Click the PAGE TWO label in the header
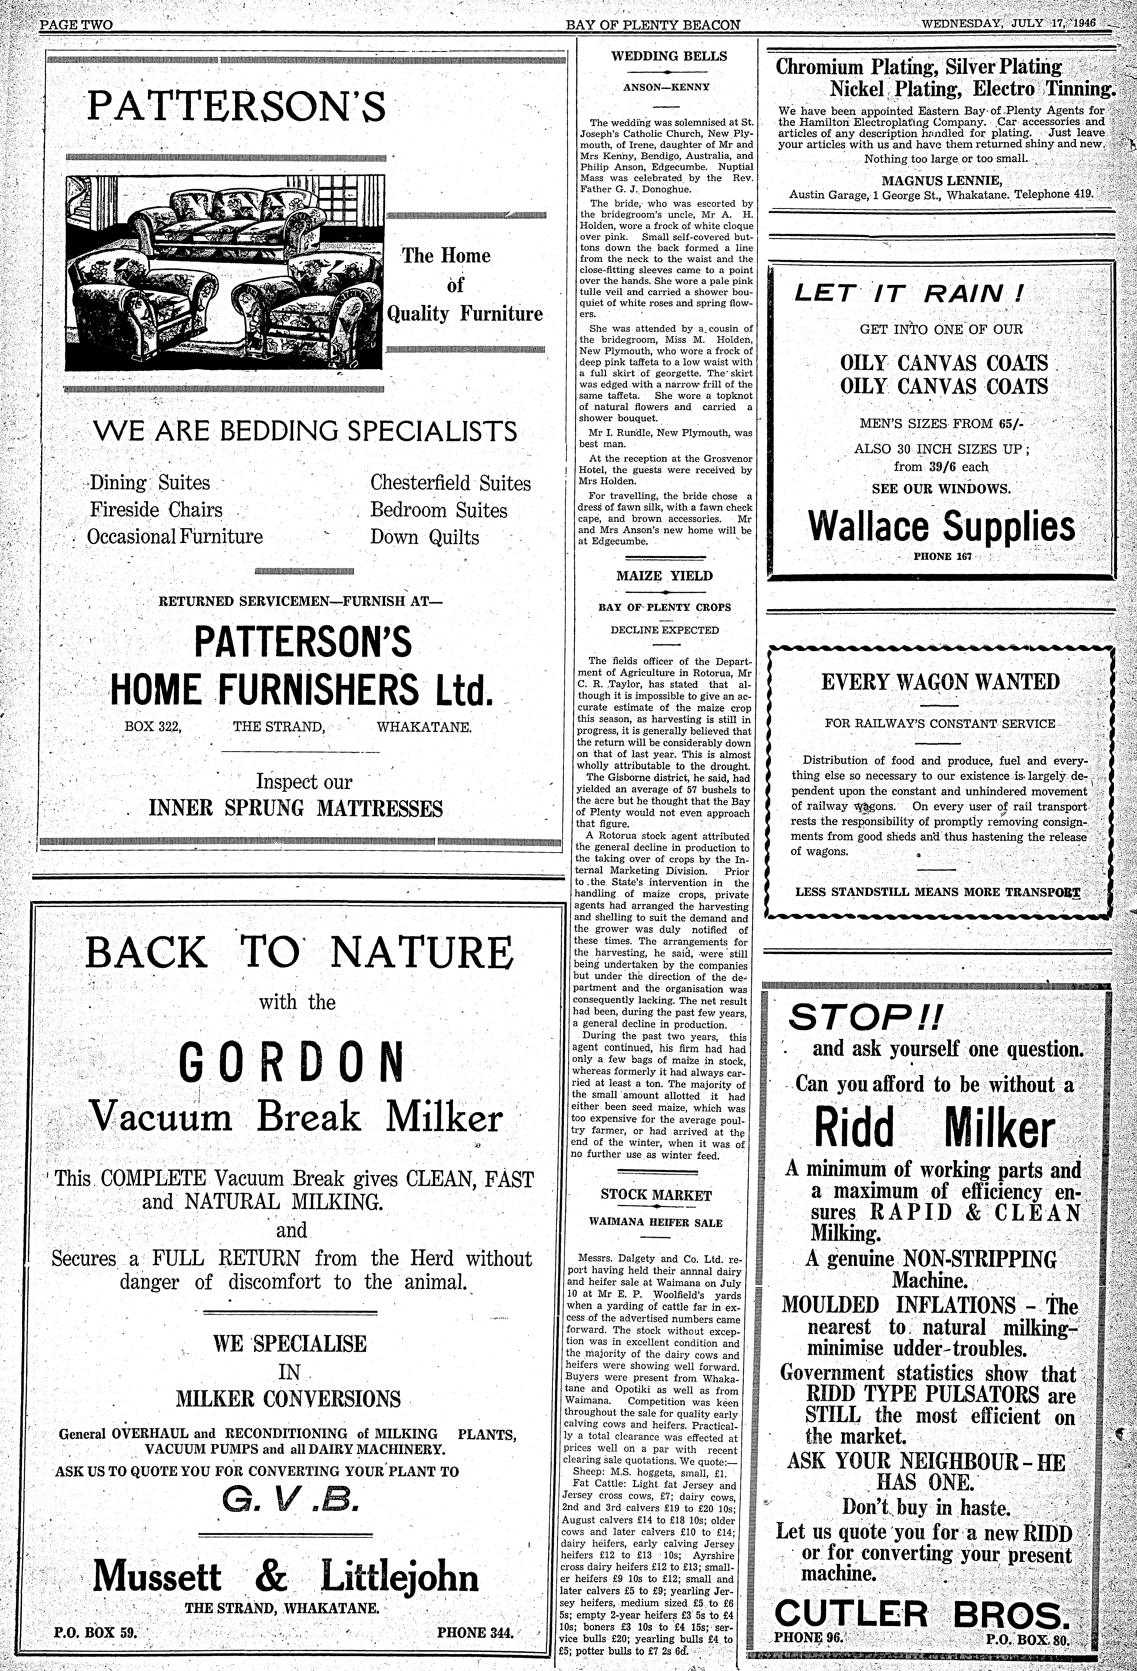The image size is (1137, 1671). tap(76, 24)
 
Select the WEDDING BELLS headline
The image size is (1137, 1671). tap(669, 56)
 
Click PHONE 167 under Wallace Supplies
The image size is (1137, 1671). tap(942, 556)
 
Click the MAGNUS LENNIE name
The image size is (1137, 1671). tap(941, 180)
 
